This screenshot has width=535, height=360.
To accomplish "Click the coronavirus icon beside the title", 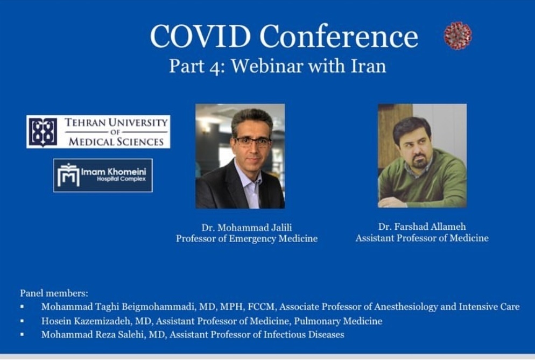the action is point(458,36).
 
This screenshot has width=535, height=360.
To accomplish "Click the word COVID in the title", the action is point(200,36).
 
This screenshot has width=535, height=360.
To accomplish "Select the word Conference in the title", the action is point(339,36).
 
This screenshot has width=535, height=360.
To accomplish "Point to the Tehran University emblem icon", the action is point(43,132).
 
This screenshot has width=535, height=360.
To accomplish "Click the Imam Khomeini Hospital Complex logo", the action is point(103,175).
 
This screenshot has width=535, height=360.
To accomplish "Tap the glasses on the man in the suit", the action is point(253,142).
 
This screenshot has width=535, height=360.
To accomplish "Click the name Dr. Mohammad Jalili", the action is point(247,228).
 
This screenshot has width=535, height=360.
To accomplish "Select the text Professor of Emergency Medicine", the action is point(247,238).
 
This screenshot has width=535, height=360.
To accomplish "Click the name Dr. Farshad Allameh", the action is point(422,227).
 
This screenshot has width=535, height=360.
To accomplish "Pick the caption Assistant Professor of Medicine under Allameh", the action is point(422,238).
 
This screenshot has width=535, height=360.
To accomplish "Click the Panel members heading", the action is point(54,293).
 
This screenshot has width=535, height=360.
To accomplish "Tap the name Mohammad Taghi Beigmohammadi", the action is point(118,307).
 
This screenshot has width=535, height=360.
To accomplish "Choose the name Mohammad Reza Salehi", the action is point(94,334).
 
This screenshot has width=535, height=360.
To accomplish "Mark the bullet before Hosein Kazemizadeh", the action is point(22,321).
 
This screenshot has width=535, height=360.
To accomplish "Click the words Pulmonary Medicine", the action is point(338,321).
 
